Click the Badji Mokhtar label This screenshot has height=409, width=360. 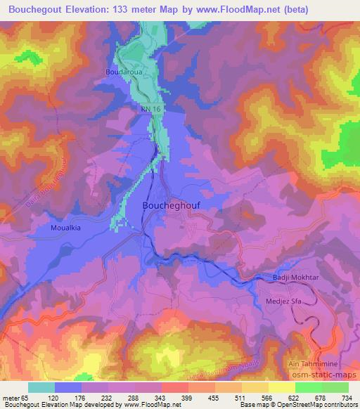(x=295, y=279)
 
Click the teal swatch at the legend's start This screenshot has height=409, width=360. (x=41, y=387)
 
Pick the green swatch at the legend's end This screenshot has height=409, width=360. (x=335, y=387)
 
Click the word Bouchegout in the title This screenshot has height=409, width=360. (x=37, y=8)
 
